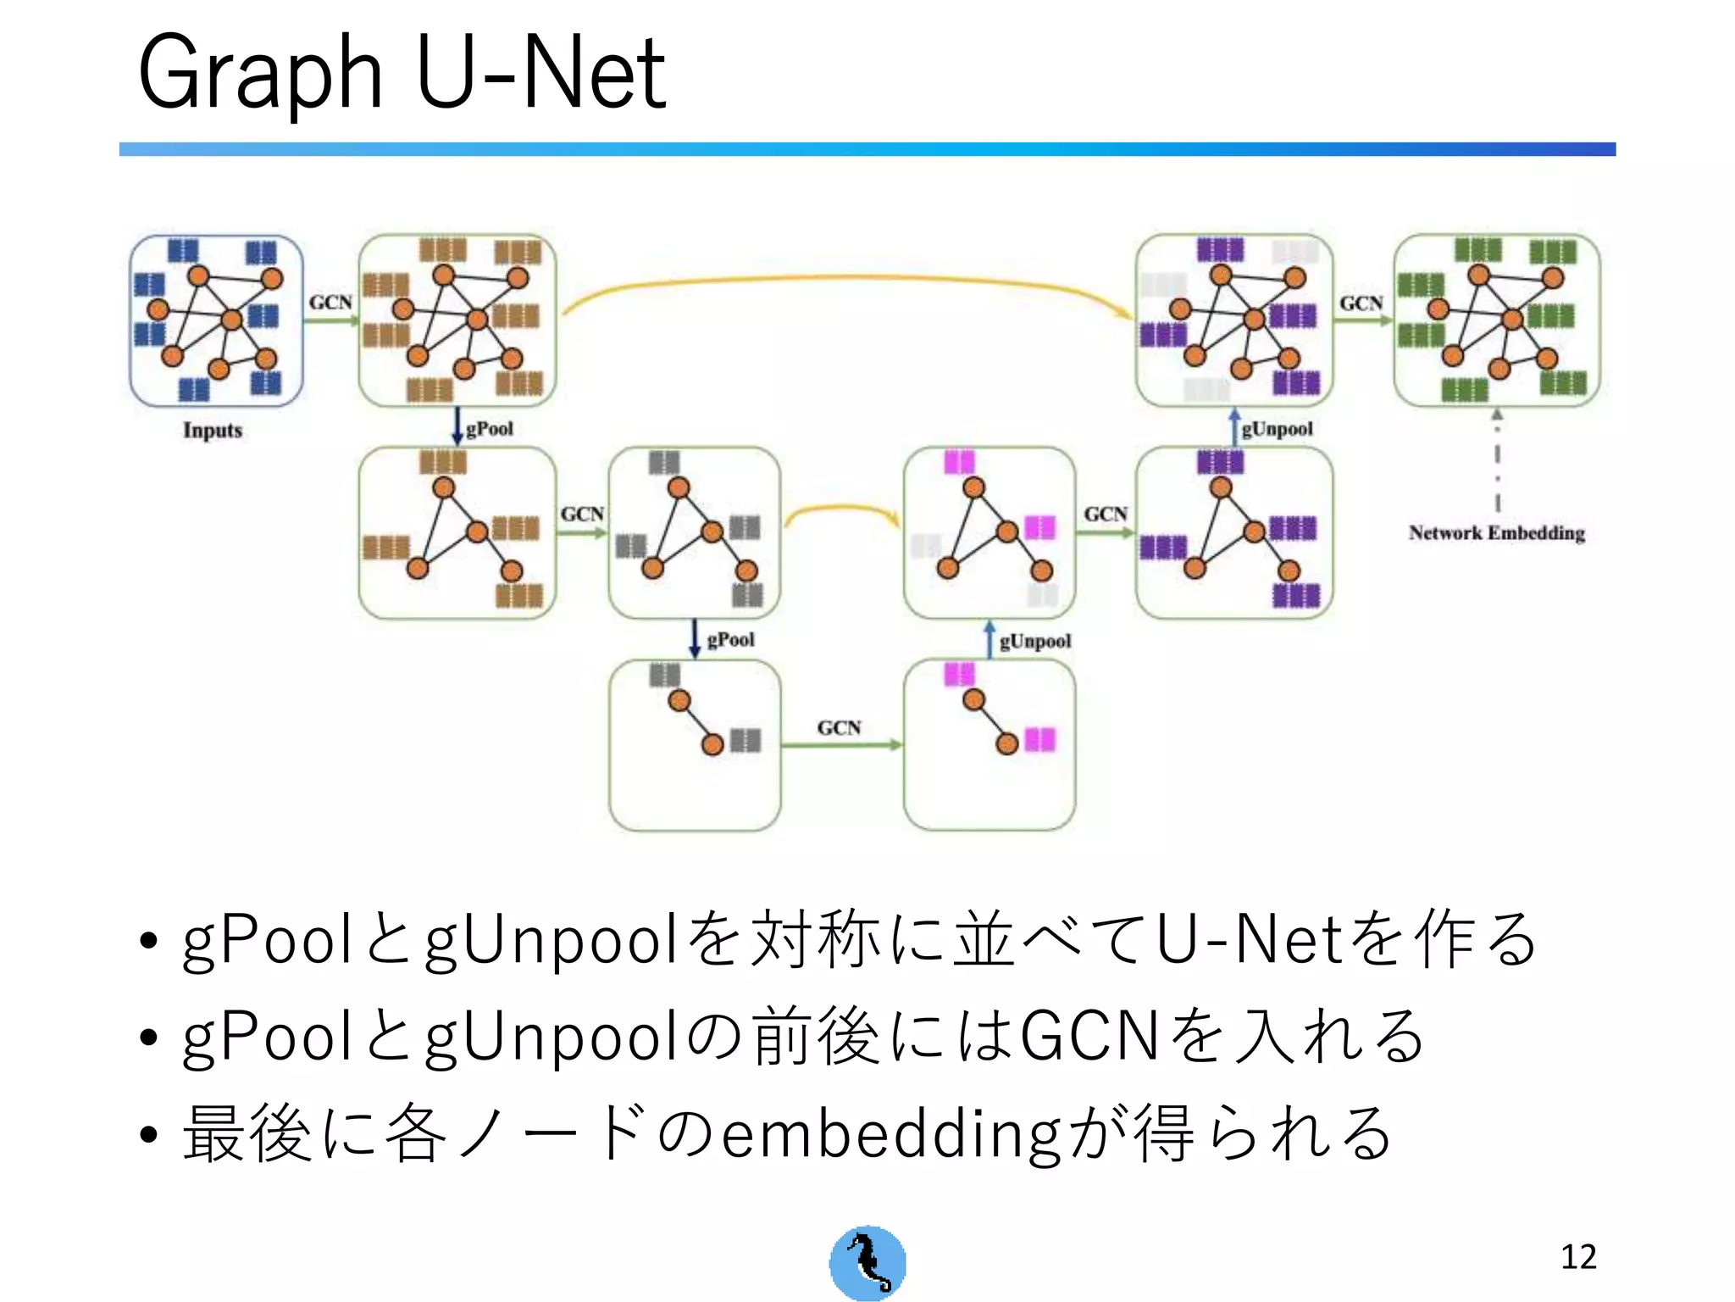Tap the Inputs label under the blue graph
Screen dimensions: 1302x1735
pos(213,431)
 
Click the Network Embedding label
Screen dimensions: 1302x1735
pos(1496,533)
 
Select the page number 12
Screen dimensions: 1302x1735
pos(1578,1256)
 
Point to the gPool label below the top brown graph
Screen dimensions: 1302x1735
pos(490,429)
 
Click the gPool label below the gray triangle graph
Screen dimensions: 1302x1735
pos(730,640)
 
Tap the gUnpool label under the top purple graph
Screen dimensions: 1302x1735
pos(1277,429)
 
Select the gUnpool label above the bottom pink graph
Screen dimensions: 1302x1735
pos(1034,642)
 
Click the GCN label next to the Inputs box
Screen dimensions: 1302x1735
pos(330,303)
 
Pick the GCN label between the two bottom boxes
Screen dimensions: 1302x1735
pos(839,728)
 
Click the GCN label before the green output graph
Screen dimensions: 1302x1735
pos(1361,303)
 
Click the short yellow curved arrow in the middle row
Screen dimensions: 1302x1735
pos(841,509)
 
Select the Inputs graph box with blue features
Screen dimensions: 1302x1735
pos(216,321)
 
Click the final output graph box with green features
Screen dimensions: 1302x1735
pos(1496,321)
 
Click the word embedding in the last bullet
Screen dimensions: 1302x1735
pos(890,1134)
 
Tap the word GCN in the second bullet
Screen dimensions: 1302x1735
pos(1089,1036)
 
